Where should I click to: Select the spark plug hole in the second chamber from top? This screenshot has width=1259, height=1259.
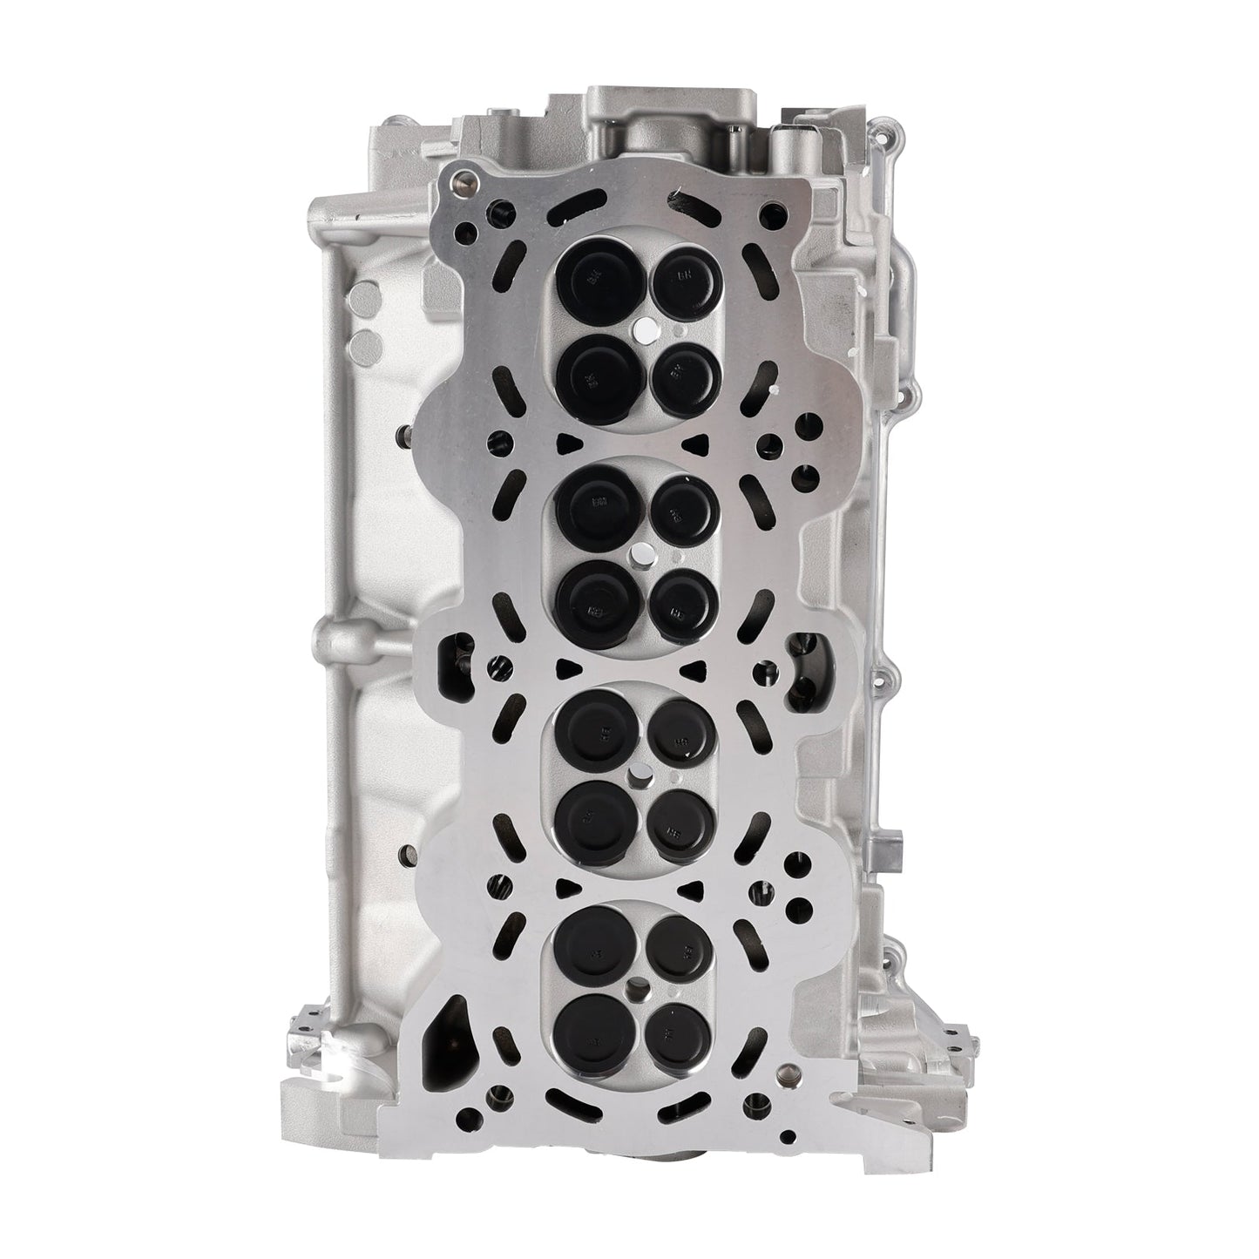(x=640, y=552)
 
